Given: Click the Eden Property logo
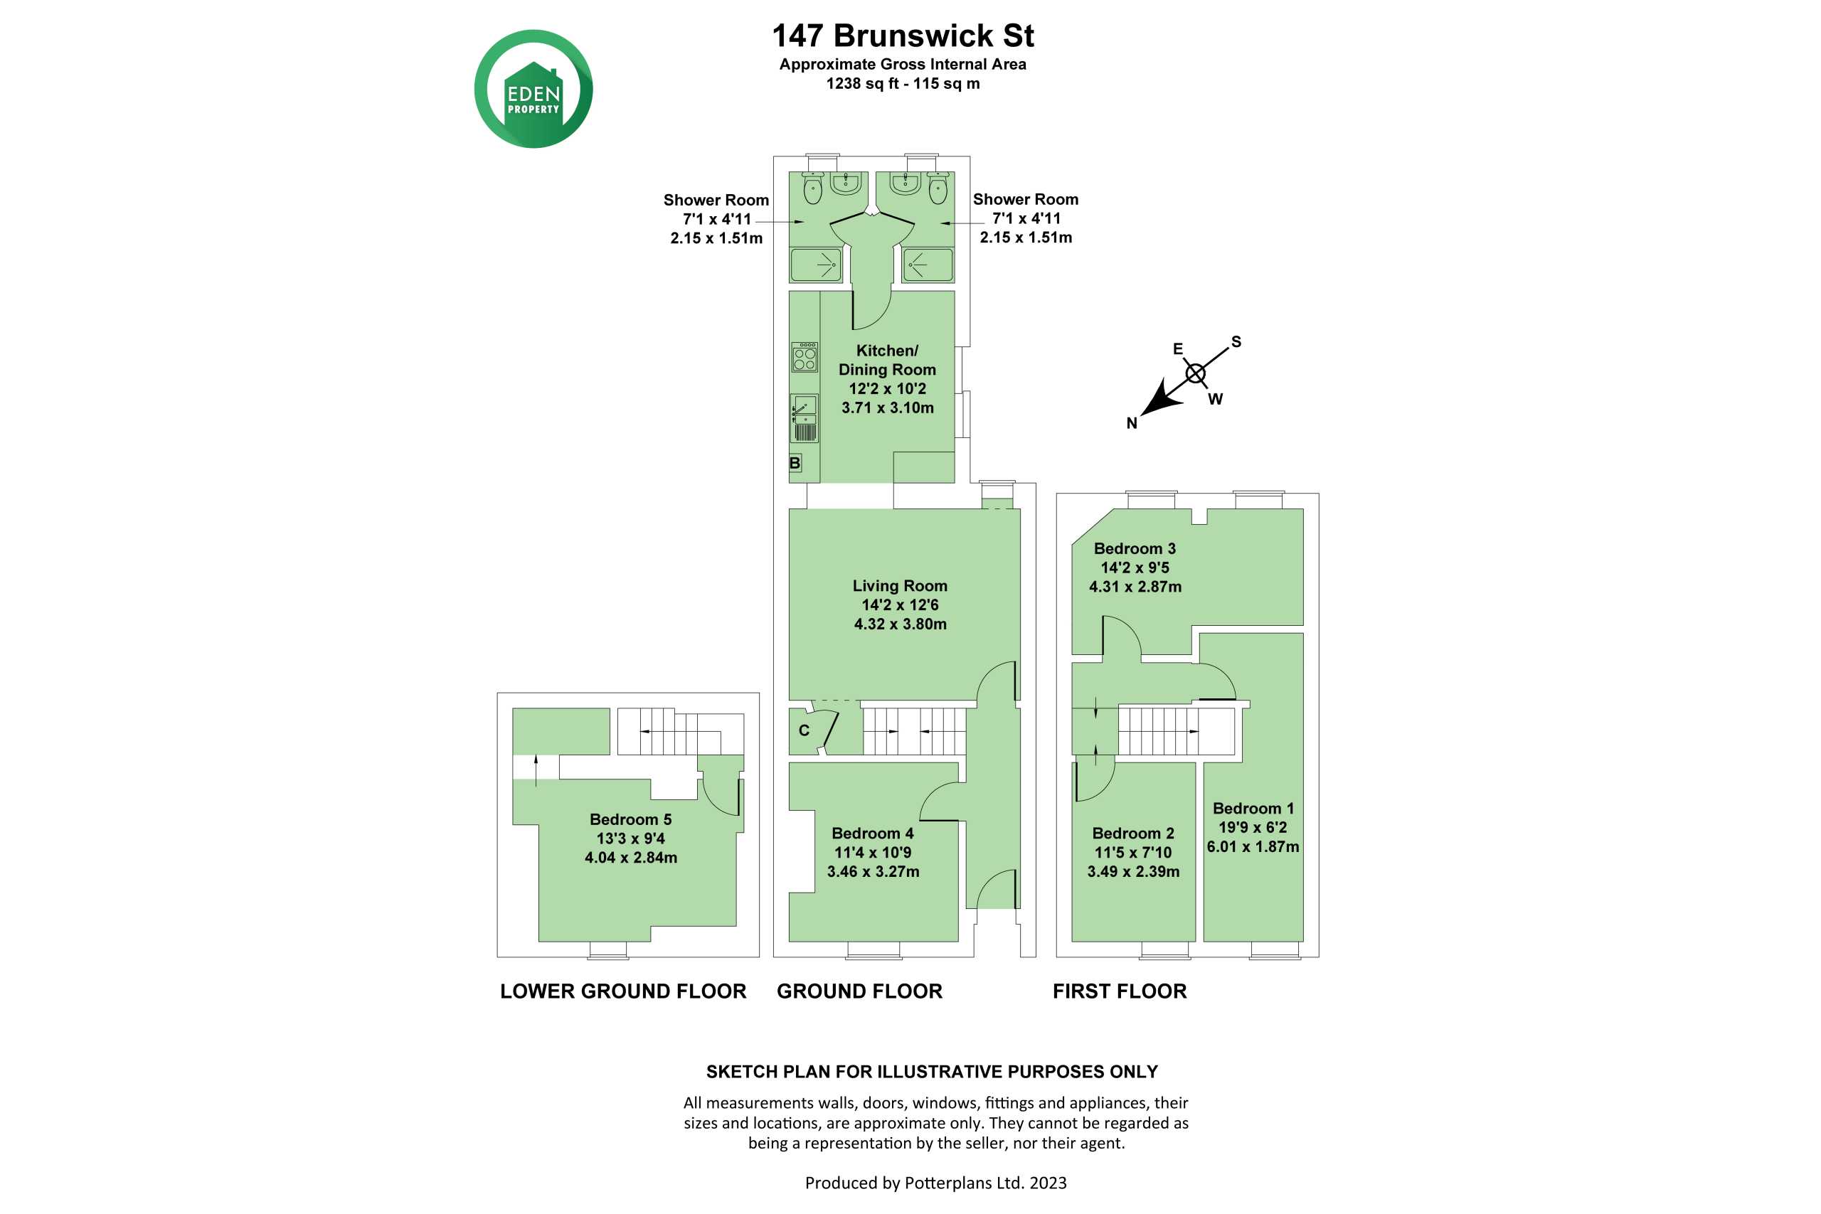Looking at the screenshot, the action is (x=533, y=89).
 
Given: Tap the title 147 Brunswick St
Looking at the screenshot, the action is (x=903, y=36).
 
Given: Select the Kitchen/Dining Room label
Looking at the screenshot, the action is (x=887, y=360).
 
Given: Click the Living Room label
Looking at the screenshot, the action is (x=900, y=586).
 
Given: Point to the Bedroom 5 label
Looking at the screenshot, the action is (x=630, y=819).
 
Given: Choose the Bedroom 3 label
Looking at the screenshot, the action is (x=1135, y=548).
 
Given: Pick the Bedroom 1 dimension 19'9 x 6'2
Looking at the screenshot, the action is (x=1253, y=828).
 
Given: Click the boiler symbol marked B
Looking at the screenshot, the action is (x=795, y=463).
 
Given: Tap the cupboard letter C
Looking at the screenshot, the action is (x=804, y=730).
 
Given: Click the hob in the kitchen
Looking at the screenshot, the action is (x=805, y=357).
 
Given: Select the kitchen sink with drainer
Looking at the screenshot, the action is (x=805, y=418).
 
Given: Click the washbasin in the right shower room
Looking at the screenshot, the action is (x=904, y=183).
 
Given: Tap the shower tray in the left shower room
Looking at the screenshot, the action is (x=816, y=265).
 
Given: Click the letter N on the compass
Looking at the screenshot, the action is (x=1132, y=423).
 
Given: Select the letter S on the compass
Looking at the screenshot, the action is (x=1236, y=341).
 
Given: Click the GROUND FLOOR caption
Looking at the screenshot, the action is (x=859, y=991).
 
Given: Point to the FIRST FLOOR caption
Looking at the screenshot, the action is (x=1120, y=991).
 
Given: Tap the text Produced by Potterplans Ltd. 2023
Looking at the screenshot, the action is (x=935, y=1182).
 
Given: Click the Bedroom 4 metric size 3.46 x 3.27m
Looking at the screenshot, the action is (x=874, y=872).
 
